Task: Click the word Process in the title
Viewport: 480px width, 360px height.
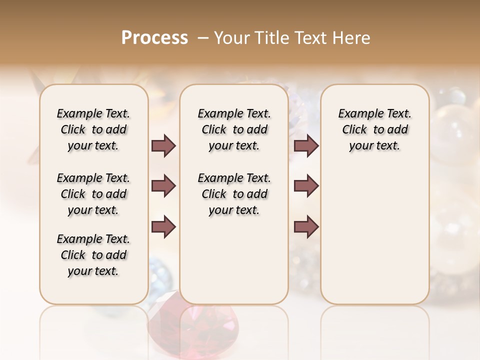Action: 154,38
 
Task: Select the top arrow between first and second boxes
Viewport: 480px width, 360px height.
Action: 163,145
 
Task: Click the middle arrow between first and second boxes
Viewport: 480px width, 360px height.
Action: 163,186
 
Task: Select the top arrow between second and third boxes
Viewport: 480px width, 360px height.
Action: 306,145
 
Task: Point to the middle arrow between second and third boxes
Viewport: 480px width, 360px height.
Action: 306,186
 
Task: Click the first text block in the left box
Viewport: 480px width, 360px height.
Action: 93,129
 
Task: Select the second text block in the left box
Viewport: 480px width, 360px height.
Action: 93,194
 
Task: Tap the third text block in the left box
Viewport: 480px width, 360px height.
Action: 93,255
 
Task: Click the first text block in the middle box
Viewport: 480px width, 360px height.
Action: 234,129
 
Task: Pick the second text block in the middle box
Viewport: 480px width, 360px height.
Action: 234,194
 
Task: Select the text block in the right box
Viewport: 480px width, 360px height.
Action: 374,129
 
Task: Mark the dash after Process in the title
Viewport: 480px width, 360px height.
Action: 202,38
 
